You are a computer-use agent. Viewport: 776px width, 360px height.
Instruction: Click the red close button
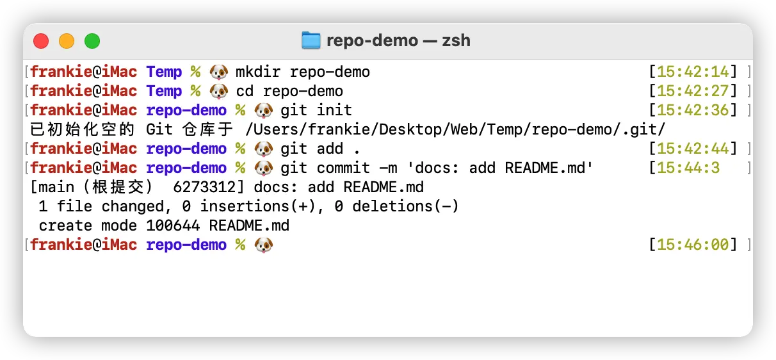(x=41, y=41)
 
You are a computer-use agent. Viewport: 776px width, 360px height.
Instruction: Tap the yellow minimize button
(x=67, y=41)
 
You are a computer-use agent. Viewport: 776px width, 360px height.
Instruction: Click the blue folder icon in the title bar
(x=311, y=40)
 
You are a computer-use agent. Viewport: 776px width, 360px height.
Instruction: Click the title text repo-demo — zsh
(x=398, y=40)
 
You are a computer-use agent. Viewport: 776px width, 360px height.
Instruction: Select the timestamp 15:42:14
(x=693, y=72)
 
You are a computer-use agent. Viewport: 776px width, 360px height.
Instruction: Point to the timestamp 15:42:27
(x=693, y=91)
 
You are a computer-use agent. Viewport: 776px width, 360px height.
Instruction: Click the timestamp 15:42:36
(x=693, y=110)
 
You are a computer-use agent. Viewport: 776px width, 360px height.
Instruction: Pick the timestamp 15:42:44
(x=693, y=149)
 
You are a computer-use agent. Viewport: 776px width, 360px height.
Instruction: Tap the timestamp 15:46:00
(x=693, y=245)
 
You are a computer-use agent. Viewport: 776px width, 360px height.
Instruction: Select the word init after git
(x=334, y=110)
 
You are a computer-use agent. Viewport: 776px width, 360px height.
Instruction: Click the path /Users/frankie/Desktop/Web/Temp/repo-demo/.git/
(x=455, y=129)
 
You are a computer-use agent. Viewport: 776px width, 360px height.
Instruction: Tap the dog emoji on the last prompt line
(x=264, y=245)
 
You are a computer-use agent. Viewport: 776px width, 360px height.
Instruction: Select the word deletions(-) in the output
(x=406, y=206)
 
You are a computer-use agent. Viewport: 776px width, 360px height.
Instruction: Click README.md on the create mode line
(x=249, y=225)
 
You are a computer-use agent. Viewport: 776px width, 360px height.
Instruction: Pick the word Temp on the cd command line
(x=164, y=91)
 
